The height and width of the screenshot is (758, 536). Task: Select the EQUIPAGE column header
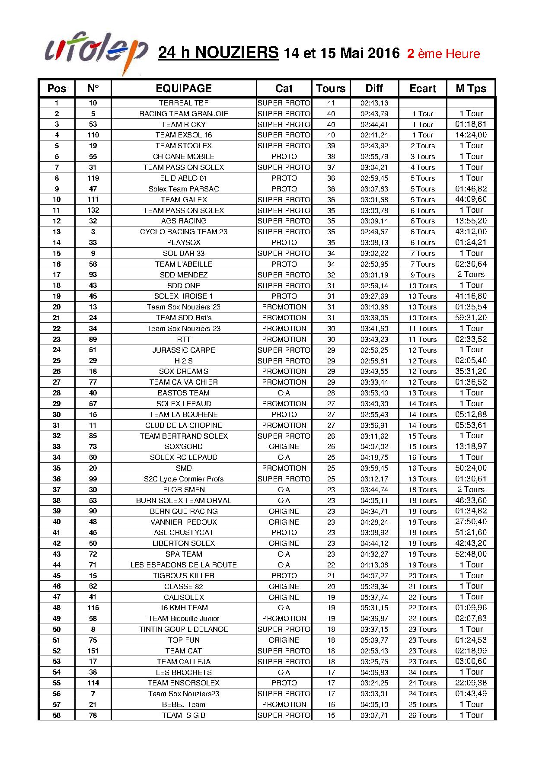coord(184,89)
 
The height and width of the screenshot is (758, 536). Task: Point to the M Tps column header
coord(471,89)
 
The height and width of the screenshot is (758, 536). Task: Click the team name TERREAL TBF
coord(184,103)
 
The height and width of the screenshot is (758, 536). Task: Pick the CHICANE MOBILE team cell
coord(184,156)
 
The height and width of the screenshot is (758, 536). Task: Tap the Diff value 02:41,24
coord(374,135)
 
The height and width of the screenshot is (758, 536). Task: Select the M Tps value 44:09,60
coord(471,199)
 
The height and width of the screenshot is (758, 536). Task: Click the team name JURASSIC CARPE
coord(184,350)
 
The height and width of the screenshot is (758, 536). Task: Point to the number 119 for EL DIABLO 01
coord(93,178)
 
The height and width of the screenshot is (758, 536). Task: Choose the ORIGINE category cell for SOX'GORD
coord(284,446)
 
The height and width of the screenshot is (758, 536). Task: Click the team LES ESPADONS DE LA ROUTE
coord(184,565)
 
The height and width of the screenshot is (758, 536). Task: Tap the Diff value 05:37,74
coord(374,597)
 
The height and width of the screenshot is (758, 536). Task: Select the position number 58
coord(57,715)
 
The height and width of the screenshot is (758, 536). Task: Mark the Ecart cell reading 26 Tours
coord(422,715)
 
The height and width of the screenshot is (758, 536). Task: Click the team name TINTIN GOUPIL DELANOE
coord(184,629)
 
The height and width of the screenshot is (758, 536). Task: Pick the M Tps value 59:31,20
coord(471,318)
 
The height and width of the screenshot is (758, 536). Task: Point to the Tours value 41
coord(331,103)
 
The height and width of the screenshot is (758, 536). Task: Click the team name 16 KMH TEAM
coord(184,608)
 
